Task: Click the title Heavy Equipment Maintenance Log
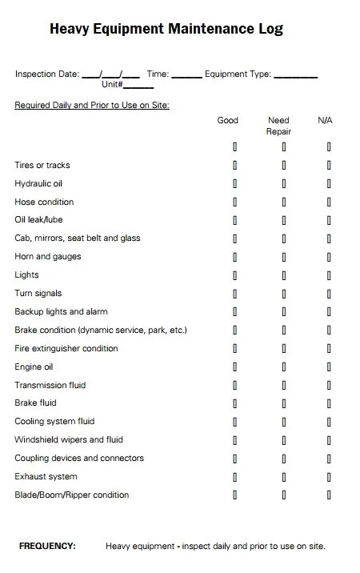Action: coord(166,30)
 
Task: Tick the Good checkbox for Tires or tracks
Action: coord(234,166)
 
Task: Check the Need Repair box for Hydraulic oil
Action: coord(283,184)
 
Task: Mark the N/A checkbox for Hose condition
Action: coord(329,202)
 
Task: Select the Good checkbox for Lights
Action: coord(234,275)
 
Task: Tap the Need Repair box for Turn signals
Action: coord(283,294)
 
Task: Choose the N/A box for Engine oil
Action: coord(329,367)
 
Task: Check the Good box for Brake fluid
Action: coord(234,403)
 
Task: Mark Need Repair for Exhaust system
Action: coord(283,477)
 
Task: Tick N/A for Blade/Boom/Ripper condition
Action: coord(329,495)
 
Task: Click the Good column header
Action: coord(228,120)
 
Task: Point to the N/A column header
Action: coord(325,120)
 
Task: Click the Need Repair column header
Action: coord(278,126)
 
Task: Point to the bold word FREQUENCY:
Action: coord(47,547)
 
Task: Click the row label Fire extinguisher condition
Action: coord(66,349)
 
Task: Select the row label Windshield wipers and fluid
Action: coord(69,440)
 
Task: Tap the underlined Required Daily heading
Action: coord(92,105)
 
